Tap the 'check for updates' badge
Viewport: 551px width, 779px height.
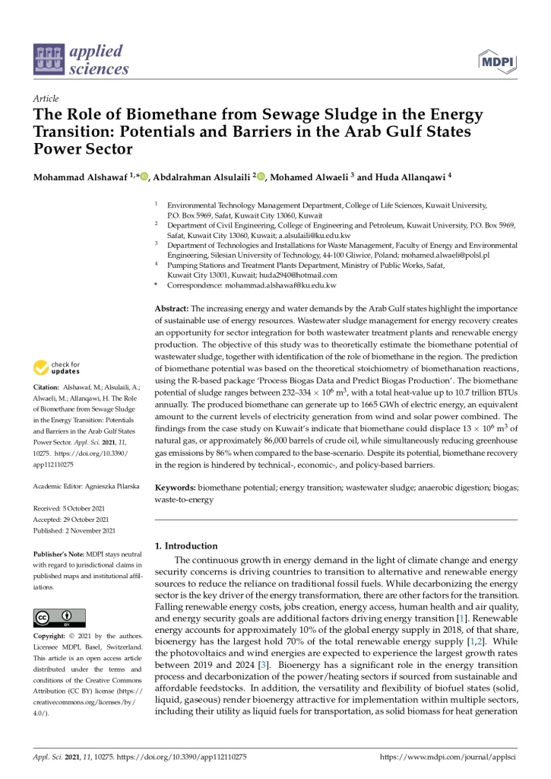coord(56,368)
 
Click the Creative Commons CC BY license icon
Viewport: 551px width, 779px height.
coord(59,617)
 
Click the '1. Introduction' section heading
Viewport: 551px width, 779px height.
coord(186,545)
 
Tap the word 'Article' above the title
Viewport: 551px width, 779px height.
coord(46,99)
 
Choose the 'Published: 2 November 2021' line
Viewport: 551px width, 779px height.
coord(74,509)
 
